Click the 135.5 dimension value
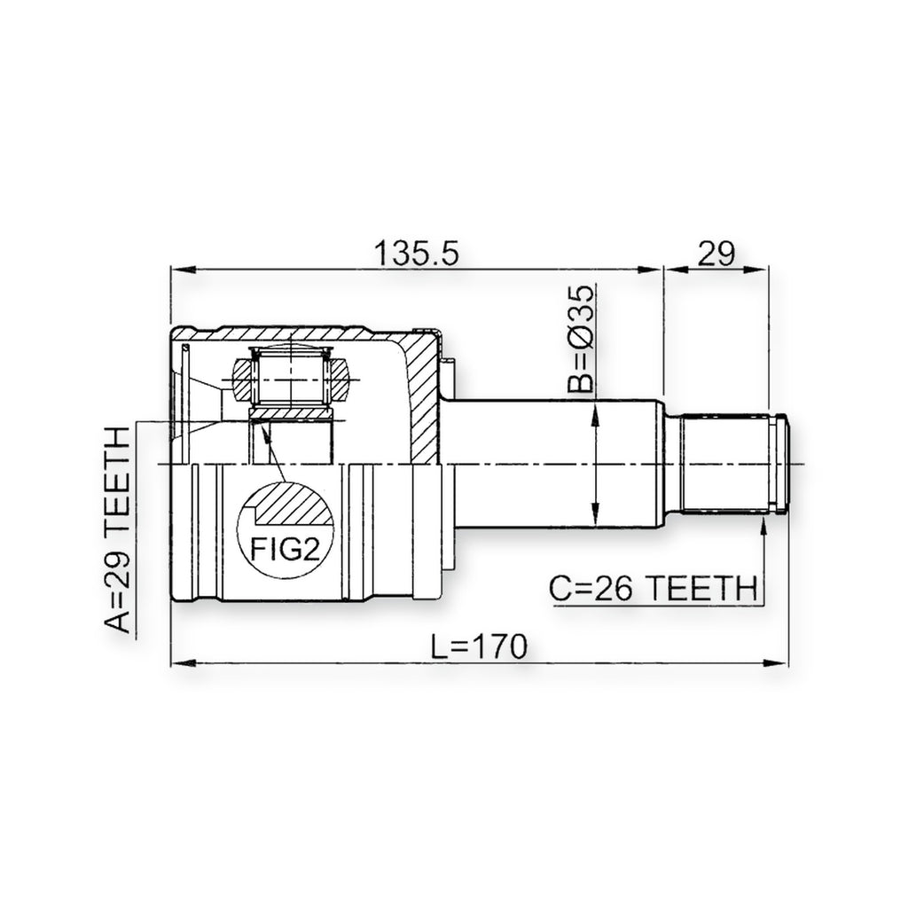[417, 253]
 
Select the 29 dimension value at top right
[716, 253]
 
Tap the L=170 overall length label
[480, 646]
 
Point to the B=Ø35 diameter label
[581, 340]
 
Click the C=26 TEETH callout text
[654, 589]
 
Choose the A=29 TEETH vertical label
[118, 529]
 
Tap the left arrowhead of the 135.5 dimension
[184, 270]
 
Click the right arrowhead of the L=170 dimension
[775, 662]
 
